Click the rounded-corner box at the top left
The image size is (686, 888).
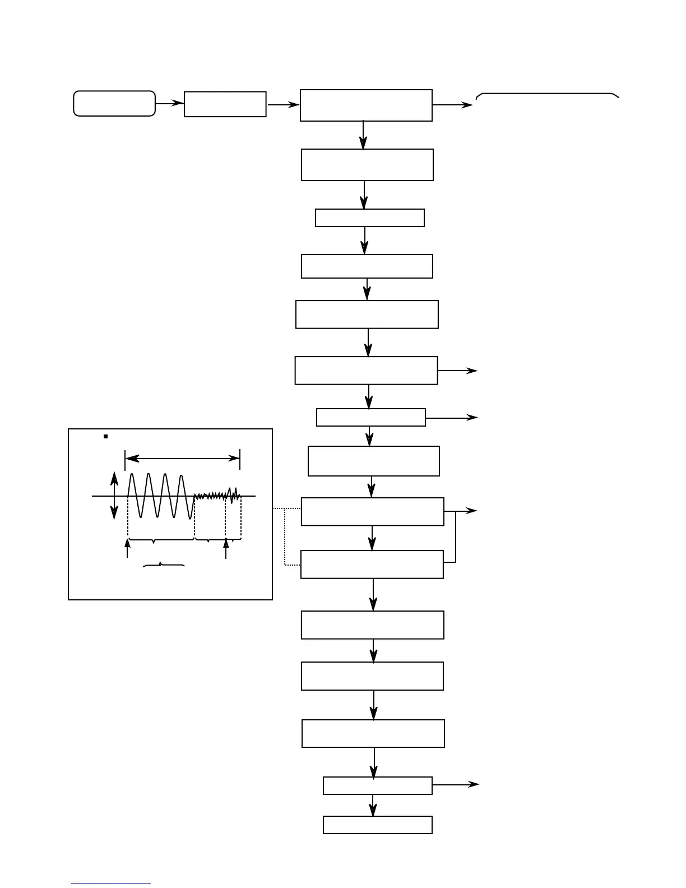point(114,104)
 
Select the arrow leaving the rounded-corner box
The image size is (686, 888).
point(170,103)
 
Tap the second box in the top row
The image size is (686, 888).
point(225,104)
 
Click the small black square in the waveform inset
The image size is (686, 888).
point(105,436)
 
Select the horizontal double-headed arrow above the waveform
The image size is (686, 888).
point(183,459)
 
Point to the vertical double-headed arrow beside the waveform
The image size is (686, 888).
point(114,496)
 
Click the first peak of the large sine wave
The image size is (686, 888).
point(132,475)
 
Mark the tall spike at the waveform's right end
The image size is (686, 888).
point(236,491)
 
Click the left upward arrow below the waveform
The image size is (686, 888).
point(128,548)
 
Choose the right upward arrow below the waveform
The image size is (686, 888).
point(226,548)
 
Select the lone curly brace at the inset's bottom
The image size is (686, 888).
point(164,565)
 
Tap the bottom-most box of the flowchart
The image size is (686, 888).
point(378,825)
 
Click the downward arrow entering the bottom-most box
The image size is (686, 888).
point(373,806)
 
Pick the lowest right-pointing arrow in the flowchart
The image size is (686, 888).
point(456,785)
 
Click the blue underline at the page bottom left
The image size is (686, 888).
point(111,883)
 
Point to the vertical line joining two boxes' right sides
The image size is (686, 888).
point(456,536)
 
